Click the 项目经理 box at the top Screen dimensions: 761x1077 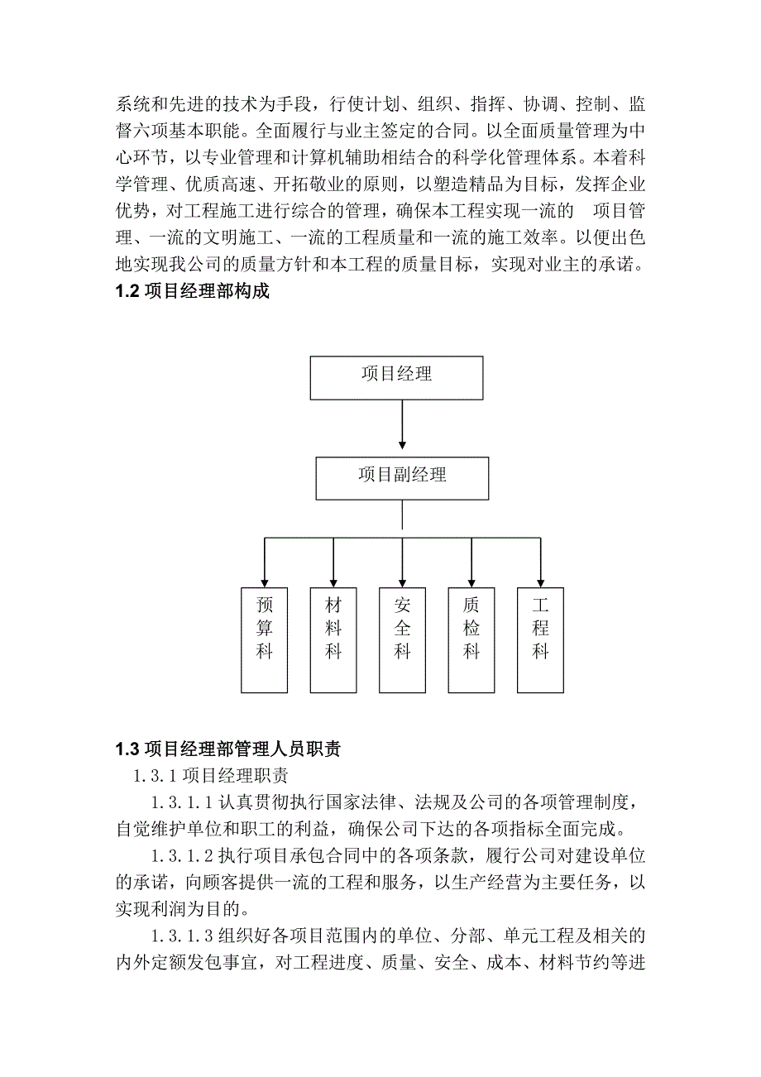tap(396, 378)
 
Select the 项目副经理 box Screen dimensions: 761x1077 tap(402, 478)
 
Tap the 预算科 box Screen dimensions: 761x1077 tap(265, 639)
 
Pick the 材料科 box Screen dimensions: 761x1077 tap(333, 639)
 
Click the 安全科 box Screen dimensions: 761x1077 tap(402, 639)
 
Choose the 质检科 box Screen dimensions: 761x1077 tap(471, 639)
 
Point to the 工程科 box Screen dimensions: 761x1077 tap(540, 639)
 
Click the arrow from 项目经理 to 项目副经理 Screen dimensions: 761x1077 tap(402, 428)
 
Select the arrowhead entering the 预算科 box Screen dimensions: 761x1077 tap(265, 582)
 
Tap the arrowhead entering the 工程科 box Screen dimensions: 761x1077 tap(540, 582)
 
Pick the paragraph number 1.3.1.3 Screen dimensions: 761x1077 tap(183, 936)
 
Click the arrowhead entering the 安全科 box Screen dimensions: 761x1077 tap(402, 582)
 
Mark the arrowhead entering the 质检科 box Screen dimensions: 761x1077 tap(471, 582)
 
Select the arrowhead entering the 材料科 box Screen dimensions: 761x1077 tap(333, 582)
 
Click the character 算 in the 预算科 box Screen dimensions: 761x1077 tap(265, 629)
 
